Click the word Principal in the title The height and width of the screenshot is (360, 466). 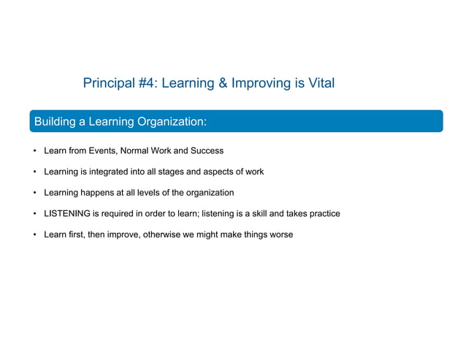pos(108,83)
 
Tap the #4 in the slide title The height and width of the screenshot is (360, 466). pos(145,83)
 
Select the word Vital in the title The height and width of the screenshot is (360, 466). pos(319,83)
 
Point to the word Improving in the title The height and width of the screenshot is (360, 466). pos(259,83)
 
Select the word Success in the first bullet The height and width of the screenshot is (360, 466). pos(207,151)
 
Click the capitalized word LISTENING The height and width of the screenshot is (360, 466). pos(66,214)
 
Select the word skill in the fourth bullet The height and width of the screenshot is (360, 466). pos(282,214)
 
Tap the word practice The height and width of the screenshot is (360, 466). pos(323,214)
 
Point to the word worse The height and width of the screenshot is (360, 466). pos(280,234)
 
